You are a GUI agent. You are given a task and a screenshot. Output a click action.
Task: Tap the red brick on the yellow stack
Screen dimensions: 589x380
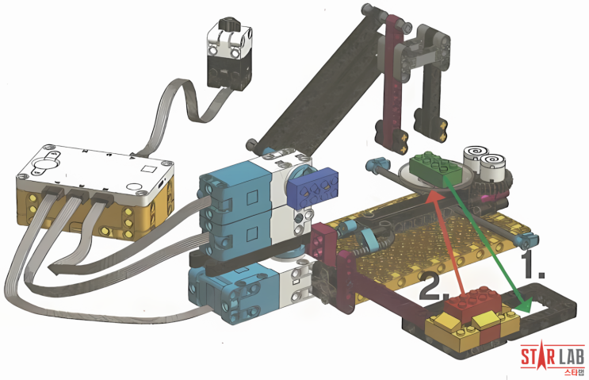click(472, 301)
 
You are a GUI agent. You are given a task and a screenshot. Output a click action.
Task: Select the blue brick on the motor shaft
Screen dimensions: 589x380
click(314, 193)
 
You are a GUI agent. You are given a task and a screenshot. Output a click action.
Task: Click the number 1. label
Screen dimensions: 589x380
click(533, 265)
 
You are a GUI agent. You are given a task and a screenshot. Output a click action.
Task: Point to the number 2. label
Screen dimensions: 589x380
click(434, 287)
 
